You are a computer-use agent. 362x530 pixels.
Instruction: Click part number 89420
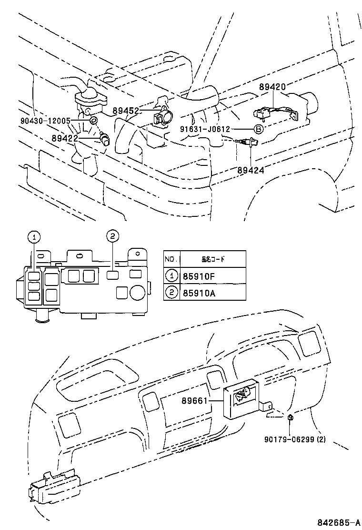(x=272, y=87)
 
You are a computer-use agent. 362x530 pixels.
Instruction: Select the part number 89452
(x=126, y=111)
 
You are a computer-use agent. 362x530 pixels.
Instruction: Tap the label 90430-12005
(x=45, y=121)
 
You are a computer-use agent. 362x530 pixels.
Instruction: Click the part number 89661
(x=194, y=401)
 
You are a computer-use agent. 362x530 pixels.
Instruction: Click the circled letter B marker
(x=257, y=129)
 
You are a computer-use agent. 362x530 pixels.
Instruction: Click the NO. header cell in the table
(x=171, y=259)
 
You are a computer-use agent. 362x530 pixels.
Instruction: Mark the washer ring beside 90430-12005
(x=93, y=120)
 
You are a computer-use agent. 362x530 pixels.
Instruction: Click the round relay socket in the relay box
(x=138, y=292)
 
